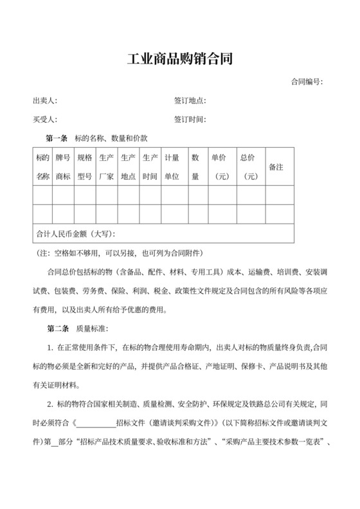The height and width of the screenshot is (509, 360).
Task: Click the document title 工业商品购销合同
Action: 179,60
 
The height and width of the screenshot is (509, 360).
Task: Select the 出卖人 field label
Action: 45,101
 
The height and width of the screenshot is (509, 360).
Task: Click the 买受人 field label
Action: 45,120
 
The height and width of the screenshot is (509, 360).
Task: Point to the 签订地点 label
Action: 190,101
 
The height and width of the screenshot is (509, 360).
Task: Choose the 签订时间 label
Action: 190,120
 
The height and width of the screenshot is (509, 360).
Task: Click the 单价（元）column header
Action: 222,166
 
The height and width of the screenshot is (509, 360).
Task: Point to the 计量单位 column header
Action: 172,166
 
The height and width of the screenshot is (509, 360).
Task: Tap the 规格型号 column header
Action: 84,166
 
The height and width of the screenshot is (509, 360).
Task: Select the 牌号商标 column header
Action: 63,166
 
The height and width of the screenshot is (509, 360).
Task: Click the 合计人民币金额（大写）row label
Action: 78,233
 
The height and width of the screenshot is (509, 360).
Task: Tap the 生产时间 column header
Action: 150,166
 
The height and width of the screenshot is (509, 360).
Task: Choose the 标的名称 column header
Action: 42,166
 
